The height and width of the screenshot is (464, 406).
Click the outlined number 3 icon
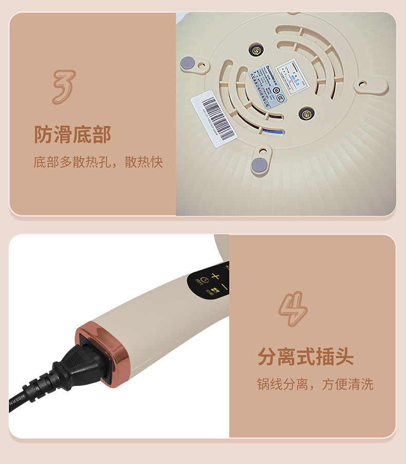64,87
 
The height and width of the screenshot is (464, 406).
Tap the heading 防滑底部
72,135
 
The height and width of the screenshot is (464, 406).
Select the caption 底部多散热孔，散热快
98,162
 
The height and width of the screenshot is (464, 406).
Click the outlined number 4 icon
293,309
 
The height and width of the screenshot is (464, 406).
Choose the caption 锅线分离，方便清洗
315,384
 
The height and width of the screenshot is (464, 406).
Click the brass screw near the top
256,50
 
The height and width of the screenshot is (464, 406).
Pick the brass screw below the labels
306,113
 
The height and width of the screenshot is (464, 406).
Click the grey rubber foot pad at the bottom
259,164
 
